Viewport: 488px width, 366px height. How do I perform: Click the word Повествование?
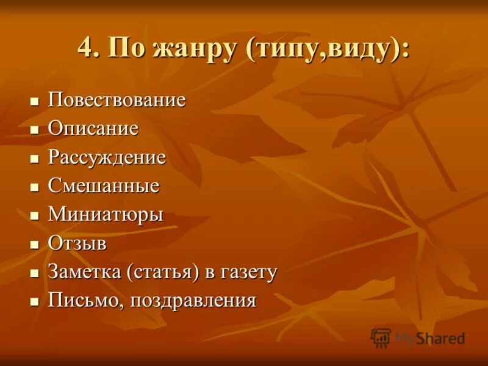(x=117, y=100)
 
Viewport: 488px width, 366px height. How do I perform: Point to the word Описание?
(x=93, y=129)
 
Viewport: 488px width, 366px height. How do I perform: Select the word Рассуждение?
(x=107, y=157)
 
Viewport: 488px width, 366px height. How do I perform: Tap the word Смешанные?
(x=104, y=186)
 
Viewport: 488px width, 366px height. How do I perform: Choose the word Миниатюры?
(x=106, y=215)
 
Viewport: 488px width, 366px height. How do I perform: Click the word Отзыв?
(x=77, y=243)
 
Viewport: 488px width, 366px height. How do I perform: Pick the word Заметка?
(x=85, y=272)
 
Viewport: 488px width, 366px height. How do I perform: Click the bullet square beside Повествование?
(x=35, y=100)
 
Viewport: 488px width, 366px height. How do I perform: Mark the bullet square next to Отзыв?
(x=35, y=244)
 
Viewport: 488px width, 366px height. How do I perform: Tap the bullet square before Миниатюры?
(x=35, y=215)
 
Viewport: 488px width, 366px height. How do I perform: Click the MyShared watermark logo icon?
(x=381, y=338)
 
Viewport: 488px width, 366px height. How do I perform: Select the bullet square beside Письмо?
(x=35, y=301)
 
